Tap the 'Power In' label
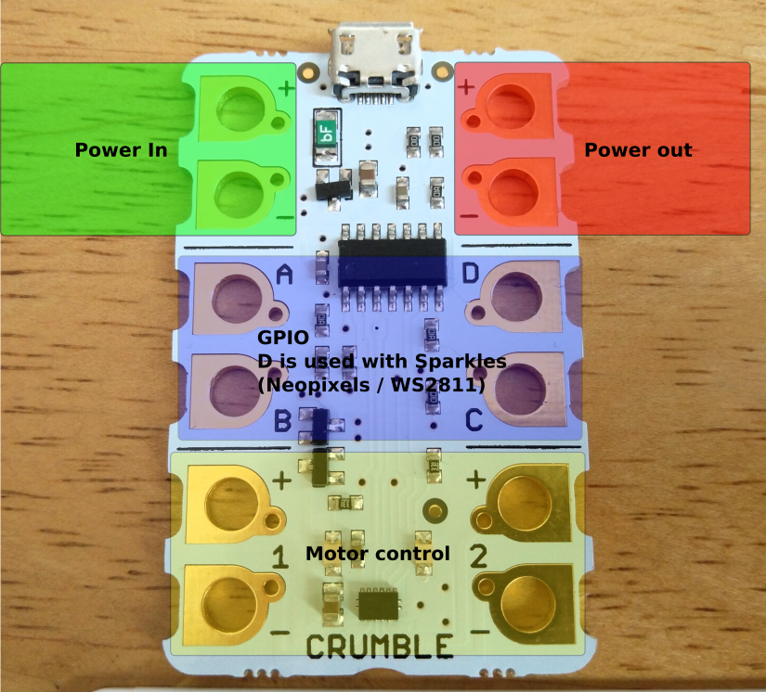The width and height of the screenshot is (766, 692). [x=121, y=149]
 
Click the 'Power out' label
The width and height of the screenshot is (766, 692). [x=638, y=149]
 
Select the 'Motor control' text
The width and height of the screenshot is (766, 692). [x=378, y=554]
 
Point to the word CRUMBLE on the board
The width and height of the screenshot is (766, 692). [x=379, y=647]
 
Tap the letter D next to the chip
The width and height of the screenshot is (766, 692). [x=472, y=275]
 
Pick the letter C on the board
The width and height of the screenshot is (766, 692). [x=474, y=421]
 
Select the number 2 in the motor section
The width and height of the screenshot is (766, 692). [x=478, y=557]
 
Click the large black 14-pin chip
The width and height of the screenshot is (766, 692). [x=392, y=262]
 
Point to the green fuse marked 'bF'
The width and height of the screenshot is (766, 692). [x=326, y=136]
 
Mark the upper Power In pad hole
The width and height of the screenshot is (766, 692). [x=239, y=106]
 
